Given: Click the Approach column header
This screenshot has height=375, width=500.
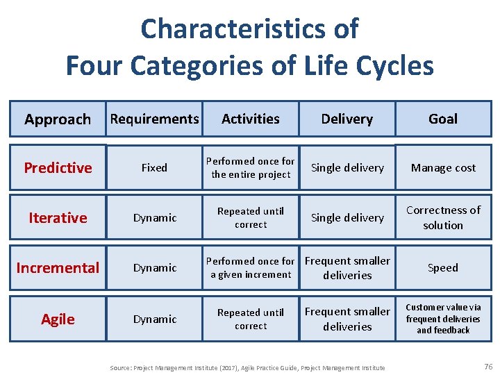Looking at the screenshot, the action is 58,119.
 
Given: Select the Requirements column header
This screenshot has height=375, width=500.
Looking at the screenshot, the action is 154,119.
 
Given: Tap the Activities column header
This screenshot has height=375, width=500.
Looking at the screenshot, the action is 251,119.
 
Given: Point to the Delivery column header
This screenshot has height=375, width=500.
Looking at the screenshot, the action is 347,119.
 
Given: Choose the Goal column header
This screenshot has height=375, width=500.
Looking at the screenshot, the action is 443,119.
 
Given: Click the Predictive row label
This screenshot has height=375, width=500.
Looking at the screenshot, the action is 58,167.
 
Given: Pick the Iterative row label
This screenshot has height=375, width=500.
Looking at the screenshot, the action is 58,217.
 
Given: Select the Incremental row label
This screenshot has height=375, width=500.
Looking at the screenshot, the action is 58,267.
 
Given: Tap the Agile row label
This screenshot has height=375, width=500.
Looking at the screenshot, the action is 58,319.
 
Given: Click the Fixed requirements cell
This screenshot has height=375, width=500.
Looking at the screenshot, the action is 154,167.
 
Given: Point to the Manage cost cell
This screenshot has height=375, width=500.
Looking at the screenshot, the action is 443,167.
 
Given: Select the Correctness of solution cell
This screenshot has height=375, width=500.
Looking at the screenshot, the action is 443,217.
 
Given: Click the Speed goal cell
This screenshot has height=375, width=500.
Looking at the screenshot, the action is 443,267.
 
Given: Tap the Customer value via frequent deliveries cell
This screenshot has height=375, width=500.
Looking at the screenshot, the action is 443,319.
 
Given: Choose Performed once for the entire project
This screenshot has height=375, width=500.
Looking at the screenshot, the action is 251,167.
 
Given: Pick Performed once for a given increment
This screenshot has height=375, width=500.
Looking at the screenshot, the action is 251,267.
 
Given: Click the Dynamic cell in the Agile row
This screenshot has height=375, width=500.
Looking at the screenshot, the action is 154,319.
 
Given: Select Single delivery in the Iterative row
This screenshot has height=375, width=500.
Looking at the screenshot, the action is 347,217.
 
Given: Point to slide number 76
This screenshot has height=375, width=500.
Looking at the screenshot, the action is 487,367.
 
